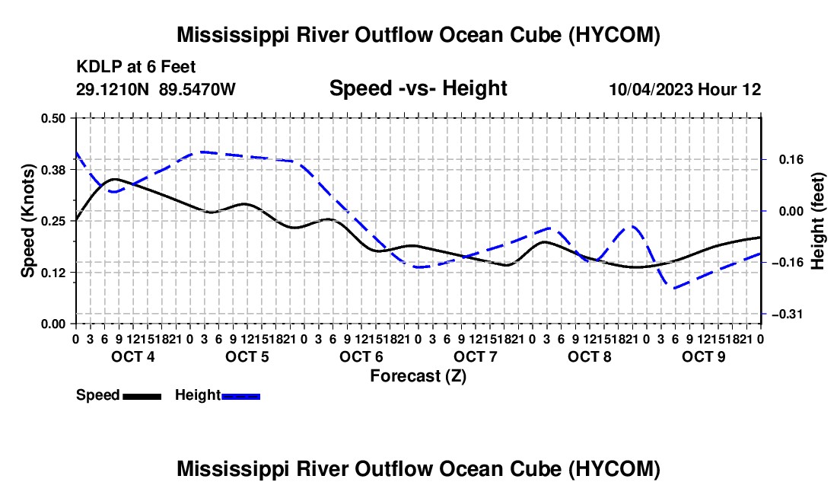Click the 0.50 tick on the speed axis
pyautogui.click(x=53, y=118)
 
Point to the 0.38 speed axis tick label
pyautogui.click(x=53, y=170)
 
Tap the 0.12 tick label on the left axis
pyautogui.click(x=53, y=273)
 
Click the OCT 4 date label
pyautogui.click(x=133, y=356)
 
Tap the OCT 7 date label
pyautogui.click(x=475, y=356)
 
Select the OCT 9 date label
pyautogui.click(x=704, y=356)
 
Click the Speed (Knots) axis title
pyautogui.click(x=27, y=221)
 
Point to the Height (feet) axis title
pyautogui.click(x=818, y=221)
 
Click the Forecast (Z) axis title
pyautogui.click(x=418, y=376)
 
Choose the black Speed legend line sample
pyautogui.click(x=142, y=396)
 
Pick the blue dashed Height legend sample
pyautogui.click(x=240, y=396)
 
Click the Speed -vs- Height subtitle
pyautogui.click(x=418, y=88)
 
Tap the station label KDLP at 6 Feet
pyautogui.click(x=136, y=67)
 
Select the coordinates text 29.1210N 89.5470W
pyautogui.click(x=156, y=89)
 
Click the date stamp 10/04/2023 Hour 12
pyautogui.click(x=685, y=89)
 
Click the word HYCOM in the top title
pyautogui.click(x=613, y=35)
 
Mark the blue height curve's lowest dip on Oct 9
pyautogui.click(x=675, y=289)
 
